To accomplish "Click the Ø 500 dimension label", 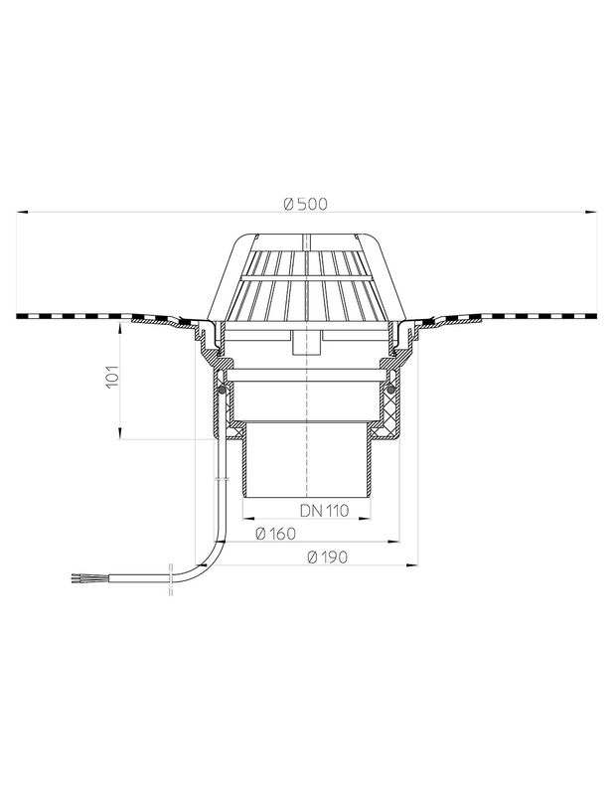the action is (306, 204).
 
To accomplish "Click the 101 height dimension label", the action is (112, 377).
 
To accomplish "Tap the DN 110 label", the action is (325, 511).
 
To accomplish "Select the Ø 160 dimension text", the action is (275, 534).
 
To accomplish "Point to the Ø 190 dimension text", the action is (328, 557).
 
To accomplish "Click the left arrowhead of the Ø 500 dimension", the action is (22, 212).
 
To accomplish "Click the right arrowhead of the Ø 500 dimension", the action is (591, 212).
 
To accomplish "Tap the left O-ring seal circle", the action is (223, 390).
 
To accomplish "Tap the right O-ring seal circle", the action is (390, 390).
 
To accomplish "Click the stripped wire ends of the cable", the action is (83, 577).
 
